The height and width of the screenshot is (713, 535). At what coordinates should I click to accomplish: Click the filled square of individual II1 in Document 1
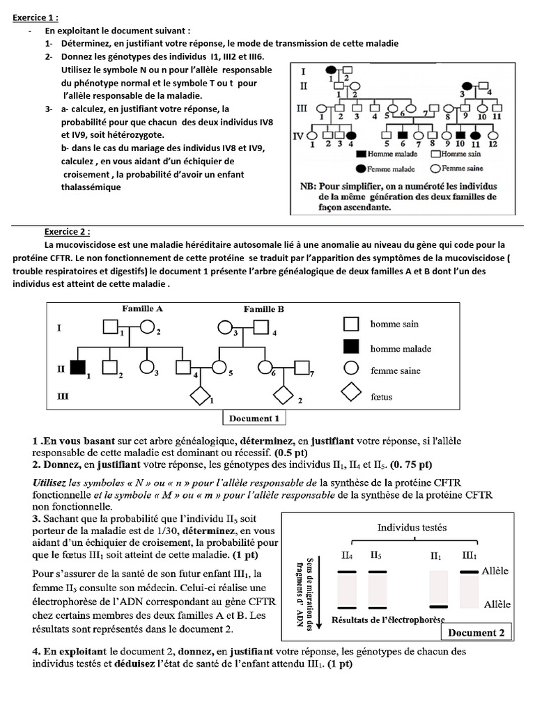[x=78, y=366]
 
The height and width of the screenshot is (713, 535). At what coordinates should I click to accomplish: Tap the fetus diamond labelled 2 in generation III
[x=284, y=396]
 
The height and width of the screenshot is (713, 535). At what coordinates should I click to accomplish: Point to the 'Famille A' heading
[x=143, y=308]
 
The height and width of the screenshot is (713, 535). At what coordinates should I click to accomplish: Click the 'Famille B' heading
[x=263, y=308]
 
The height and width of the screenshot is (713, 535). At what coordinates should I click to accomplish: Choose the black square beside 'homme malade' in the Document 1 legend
[x=352, y=347]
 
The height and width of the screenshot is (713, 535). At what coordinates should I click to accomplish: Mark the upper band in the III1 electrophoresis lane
[x=468, y=572]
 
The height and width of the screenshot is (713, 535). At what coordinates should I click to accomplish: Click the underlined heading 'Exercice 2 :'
[x=67, y=233]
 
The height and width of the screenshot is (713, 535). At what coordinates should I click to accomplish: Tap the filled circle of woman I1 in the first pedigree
[x=333, y=69]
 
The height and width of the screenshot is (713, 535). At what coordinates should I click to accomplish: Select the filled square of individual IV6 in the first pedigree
[x=402, y=134]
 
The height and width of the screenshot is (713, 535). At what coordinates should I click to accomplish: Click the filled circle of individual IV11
[x=476, y=134]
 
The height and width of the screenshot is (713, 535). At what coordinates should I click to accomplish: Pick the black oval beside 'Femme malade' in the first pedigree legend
[x=361, y=169]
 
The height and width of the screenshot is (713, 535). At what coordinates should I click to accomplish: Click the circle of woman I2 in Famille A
[x=147, y=326]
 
